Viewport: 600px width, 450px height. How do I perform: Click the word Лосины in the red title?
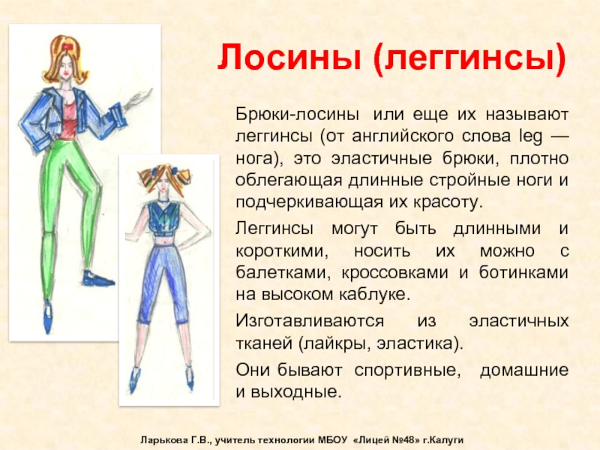[x=289, y=58]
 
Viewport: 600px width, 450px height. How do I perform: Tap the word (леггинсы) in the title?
[x=470, y=59]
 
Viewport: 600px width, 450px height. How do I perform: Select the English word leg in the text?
[x=531, y=136]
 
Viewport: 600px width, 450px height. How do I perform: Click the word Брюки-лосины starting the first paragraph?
[x=297, y=115]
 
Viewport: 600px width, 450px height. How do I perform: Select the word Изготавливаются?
[x=310, y=321]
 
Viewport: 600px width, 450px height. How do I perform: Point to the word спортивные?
[x=407, y=370]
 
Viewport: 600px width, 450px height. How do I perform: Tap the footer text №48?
[x=406, y=439]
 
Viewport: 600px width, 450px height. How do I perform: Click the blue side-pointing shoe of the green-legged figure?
[x=97, y=278]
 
